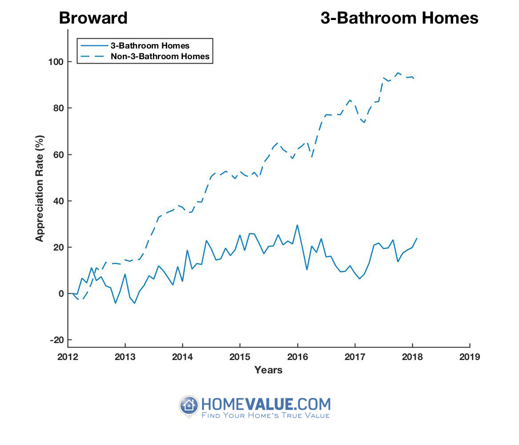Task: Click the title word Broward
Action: (93, 18)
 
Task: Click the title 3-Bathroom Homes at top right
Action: (399, 18)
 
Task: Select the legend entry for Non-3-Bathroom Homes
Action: (160, 57)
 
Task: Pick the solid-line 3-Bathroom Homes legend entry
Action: (150, 45)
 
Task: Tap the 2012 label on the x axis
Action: (68, 356)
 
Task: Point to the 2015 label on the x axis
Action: (240, 356)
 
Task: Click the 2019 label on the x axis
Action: (469, 356)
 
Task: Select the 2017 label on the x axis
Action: (354, 356)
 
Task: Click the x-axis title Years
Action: (268, 370)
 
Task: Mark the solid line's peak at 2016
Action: (297, 225)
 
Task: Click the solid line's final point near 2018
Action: (417, 238)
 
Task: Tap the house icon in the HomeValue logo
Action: (189, 405)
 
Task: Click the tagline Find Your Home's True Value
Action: (266, 416)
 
